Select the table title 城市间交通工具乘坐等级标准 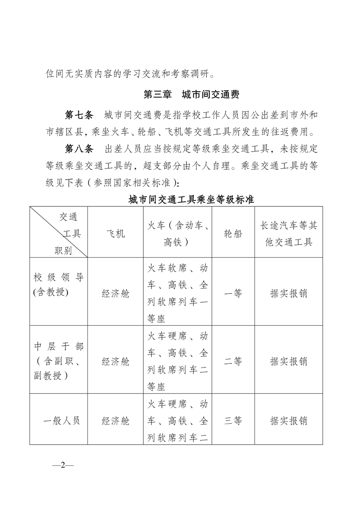pos(191,200)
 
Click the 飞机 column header pos(115,234)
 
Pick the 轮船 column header pos(233,234)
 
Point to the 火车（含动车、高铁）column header pos(177,234)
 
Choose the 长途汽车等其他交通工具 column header pos(288,234)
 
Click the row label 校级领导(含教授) pos(58,285)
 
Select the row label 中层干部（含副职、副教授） pos(58,361)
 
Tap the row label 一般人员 pos(62,421)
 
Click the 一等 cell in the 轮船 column pos(233,294)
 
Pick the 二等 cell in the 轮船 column pos(233,361)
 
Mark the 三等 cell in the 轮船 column pos(233,421)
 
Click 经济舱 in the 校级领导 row pos(115,294)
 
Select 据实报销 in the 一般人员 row pos(288,421)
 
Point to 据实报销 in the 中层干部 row pos(288,361)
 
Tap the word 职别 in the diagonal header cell pos(63,251)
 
